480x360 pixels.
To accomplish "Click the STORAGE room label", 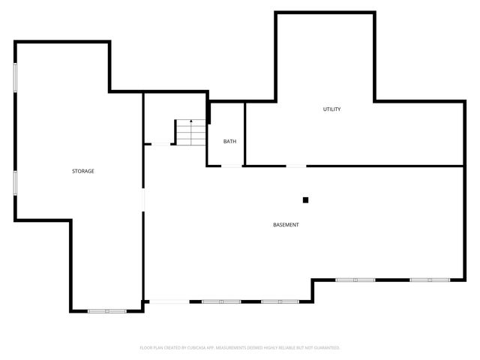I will [82, 172].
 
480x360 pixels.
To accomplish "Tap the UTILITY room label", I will [331, 109].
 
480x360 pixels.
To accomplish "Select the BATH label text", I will [230, 141].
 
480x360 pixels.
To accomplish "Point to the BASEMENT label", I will [286, 225].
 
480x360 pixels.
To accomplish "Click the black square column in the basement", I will [305, 199].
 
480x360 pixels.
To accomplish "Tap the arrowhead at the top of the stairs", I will [191, 121].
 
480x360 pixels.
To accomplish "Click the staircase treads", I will [191, 133].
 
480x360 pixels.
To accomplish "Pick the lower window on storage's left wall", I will [16, 183].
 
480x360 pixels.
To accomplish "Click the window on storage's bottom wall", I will [108, 310].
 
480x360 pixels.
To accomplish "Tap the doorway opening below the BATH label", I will [232, 166].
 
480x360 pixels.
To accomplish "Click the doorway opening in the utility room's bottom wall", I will [296, 166].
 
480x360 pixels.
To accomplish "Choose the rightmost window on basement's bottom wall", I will [430, 280].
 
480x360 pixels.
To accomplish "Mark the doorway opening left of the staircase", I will [162, 144].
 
